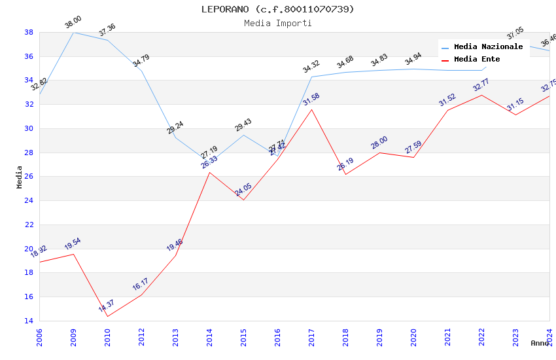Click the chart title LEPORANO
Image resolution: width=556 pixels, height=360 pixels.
277,9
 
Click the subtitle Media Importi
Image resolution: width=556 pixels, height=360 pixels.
277,23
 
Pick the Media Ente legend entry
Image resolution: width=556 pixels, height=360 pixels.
477,60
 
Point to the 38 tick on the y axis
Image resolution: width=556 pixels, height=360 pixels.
29,32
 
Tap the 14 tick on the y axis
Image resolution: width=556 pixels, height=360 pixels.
29,321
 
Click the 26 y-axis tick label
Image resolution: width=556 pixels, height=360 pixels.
29,177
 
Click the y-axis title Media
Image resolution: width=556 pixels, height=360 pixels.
20,177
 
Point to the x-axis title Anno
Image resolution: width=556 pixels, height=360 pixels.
540,343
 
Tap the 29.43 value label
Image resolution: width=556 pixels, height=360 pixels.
243,125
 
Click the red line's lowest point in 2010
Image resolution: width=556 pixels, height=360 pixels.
107,316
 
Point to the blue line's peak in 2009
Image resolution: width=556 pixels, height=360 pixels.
73,32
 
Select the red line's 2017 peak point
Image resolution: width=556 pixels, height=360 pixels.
311,109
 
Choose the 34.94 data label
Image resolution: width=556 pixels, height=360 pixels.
413,60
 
